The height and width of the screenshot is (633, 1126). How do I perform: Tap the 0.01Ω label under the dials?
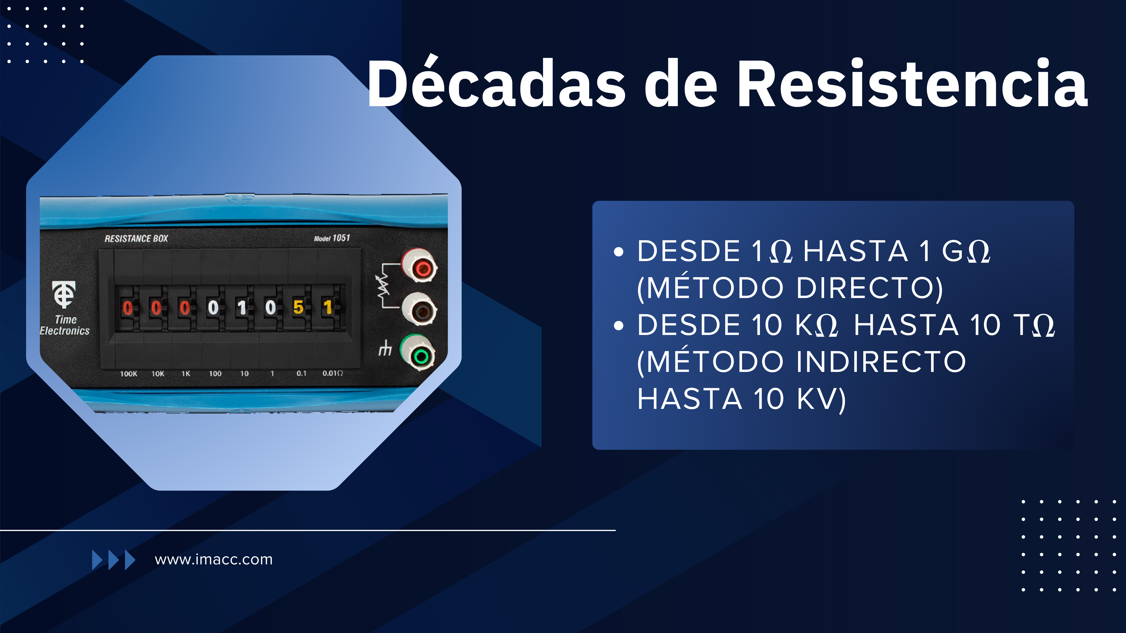point(333,373)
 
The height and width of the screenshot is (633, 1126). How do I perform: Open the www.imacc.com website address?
point(214,560)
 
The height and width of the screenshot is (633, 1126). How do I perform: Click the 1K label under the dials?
point(186,374)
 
